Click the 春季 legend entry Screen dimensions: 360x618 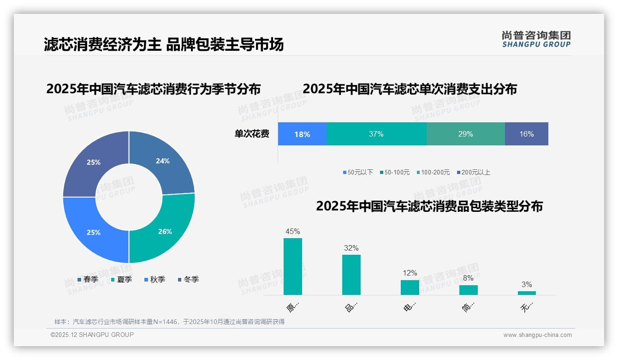point(88,279)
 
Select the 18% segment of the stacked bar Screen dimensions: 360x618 point(302,134)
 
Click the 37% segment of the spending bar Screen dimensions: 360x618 point(376,134)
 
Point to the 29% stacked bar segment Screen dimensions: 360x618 point(465,134)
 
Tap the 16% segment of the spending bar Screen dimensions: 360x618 point(526,134)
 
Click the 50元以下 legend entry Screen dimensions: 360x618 point(358,172)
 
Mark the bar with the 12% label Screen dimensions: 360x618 point(410,287)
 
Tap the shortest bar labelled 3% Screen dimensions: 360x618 point(527,293)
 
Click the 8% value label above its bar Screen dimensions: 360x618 point(468,278)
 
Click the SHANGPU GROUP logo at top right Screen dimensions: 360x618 point(536,39)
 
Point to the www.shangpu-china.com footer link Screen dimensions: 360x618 point(537,335)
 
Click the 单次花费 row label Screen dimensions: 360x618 point(252,134)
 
